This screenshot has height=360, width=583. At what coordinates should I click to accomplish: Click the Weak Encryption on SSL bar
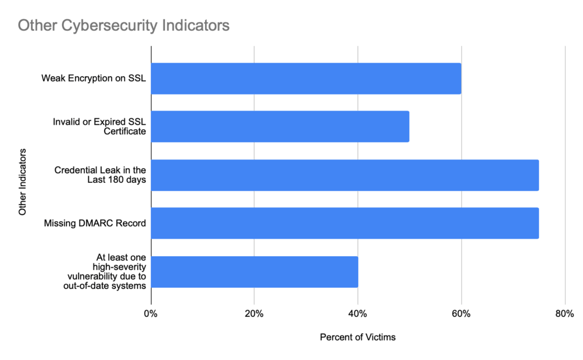tap(306, 79)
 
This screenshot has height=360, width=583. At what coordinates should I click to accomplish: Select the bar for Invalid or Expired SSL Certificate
tap(280, 126)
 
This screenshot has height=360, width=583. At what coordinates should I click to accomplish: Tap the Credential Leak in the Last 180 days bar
tap(344, 175)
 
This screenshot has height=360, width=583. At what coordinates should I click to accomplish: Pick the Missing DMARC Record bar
tap(344, 223)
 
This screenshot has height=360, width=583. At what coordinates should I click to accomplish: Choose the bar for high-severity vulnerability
tap(254, 272)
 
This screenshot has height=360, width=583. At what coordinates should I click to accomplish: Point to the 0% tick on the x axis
tap(151, 314)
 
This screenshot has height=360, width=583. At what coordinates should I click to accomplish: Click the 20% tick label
tap(254, 314)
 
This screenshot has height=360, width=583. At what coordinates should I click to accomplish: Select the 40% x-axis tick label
tap(358, 314)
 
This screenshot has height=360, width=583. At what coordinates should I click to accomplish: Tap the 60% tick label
tap(461, 314)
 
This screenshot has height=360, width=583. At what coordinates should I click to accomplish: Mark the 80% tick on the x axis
tap(564, 314)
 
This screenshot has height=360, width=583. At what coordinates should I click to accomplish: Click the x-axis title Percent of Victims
tap(358, 337)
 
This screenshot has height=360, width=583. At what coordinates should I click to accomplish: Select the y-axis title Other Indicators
tap(23, 182)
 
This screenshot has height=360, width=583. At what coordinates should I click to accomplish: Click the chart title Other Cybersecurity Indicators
tap(124, 26)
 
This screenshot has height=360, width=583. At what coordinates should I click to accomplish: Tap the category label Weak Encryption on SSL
tap(93, 78)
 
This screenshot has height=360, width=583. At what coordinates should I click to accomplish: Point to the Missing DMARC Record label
tap(95, 223)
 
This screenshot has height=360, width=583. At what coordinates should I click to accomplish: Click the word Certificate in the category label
tap(124, 132)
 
